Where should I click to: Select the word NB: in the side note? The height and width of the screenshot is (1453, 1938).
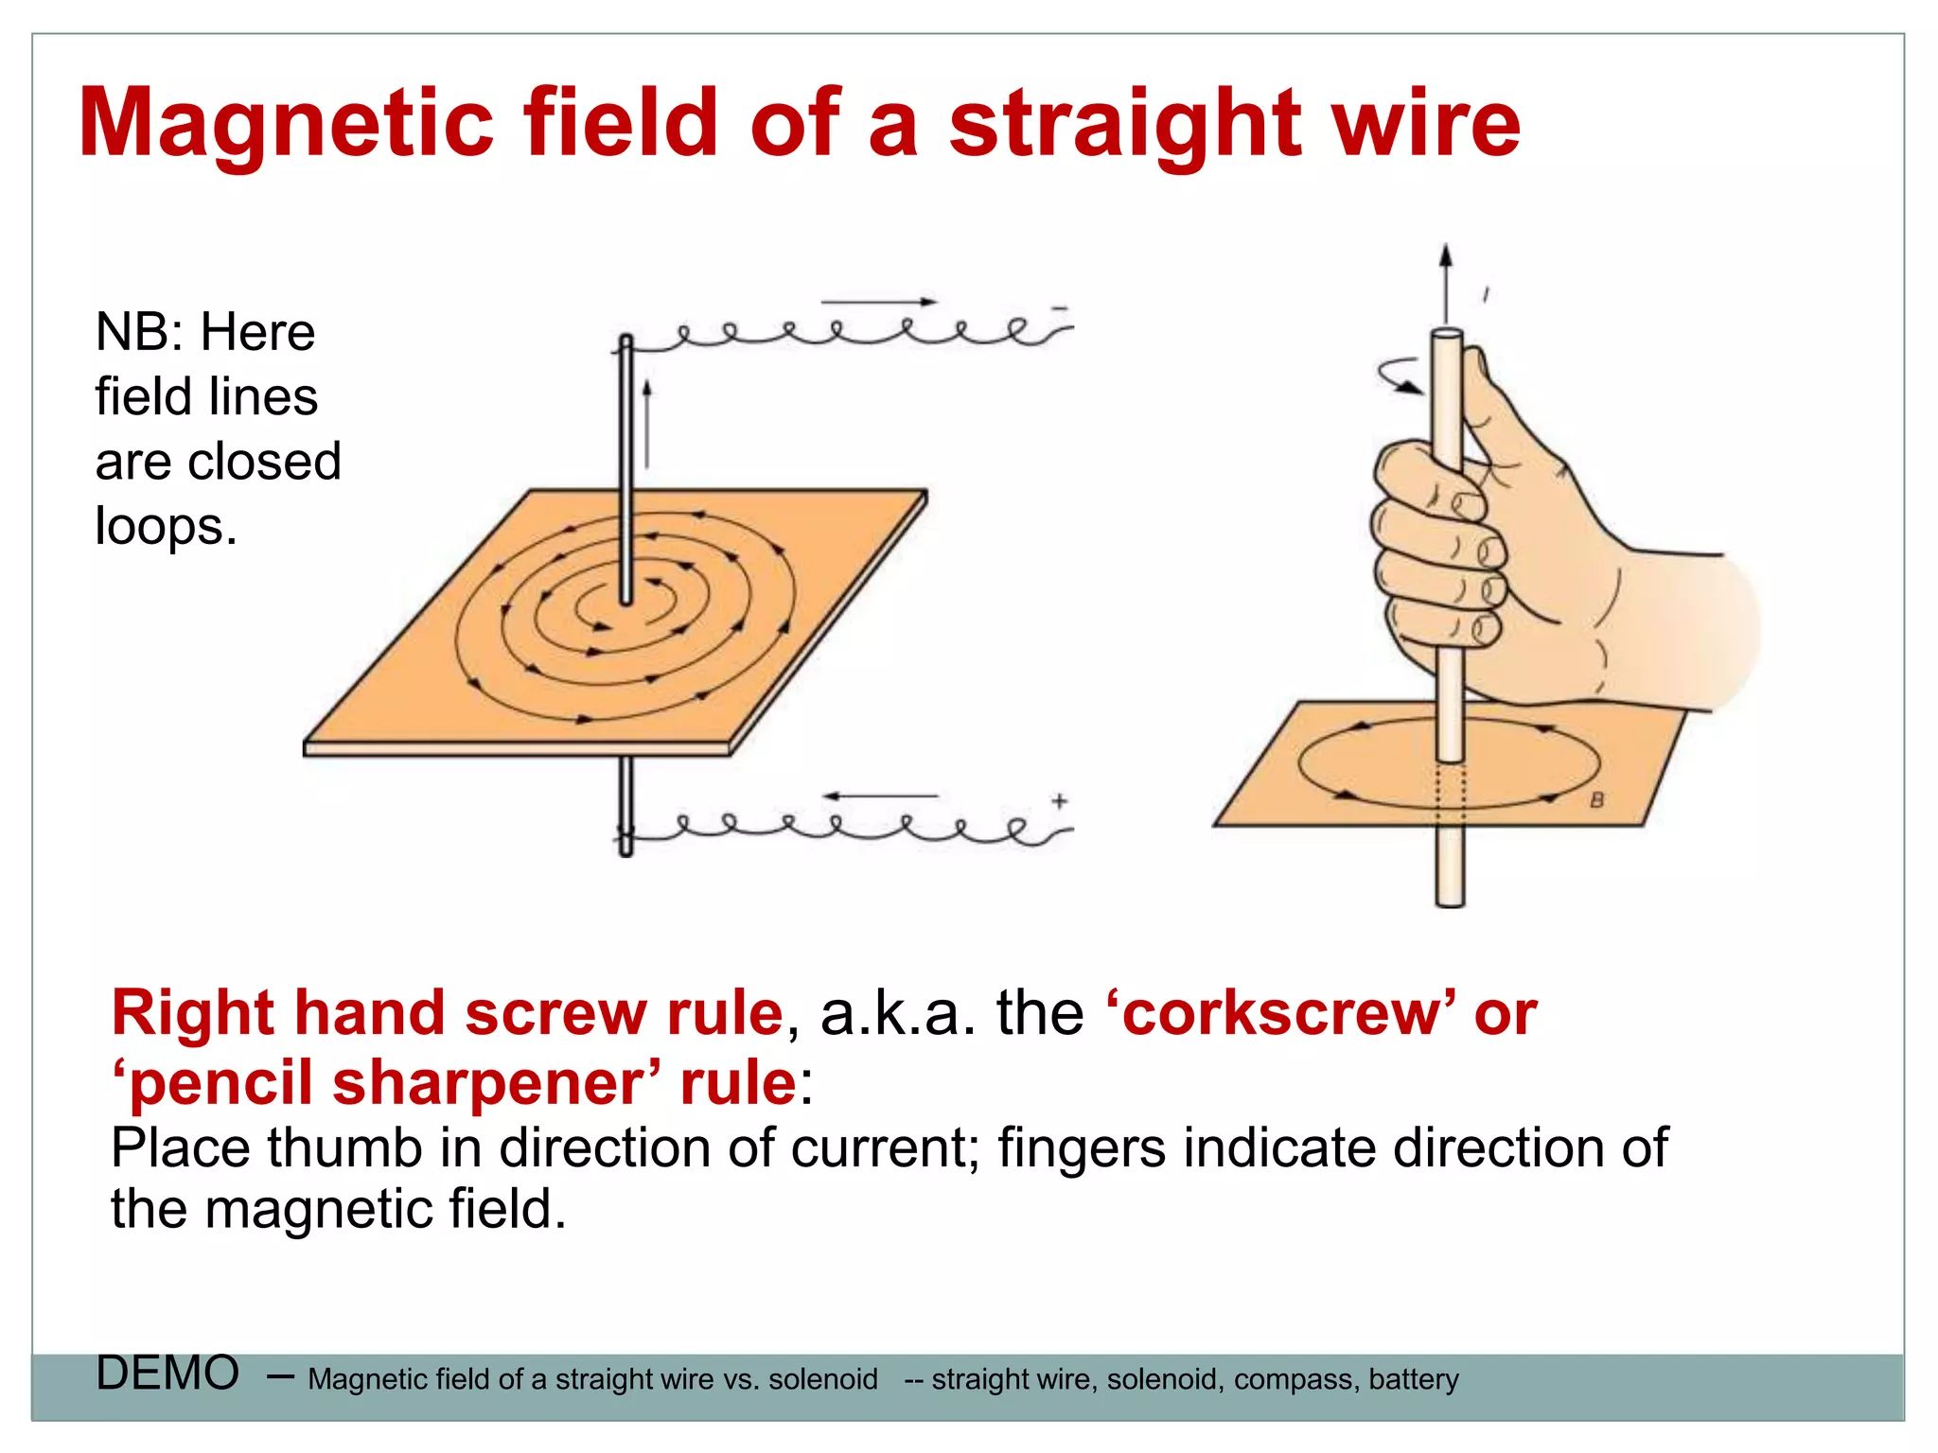click(140, 333)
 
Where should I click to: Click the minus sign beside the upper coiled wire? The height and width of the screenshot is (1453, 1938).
click(1060, 308)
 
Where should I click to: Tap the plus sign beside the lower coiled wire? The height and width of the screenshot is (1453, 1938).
click(1060, 801)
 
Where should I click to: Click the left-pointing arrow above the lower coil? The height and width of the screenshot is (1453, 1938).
click(880, 797)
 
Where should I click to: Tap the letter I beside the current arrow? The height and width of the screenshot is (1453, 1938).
click(1486, 295)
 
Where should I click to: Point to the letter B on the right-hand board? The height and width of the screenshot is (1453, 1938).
click(1597, 800)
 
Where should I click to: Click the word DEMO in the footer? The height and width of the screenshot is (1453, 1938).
click(167, 1373)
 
